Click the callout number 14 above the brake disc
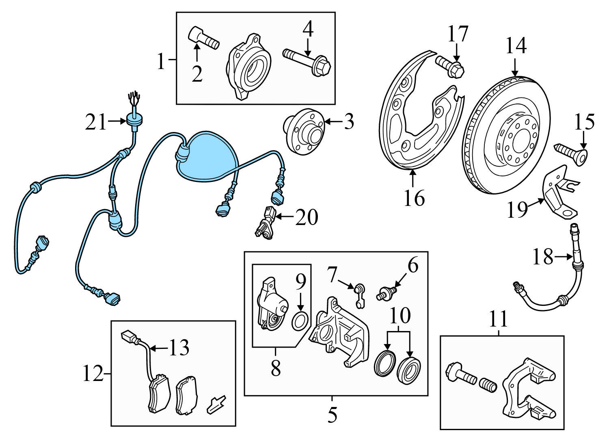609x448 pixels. click(x=516, y=46)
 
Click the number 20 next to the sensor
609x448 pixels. click(x=306, y=218)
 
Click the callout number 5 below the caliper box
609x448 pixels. click(x=332, y=415)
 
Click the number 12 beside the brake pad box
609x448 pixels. click(x=93, y=374)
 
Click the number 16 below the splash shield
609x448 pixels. click(x=414, y=198)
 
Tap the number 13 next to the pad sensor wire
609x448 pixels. click(x=179, y=348)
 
